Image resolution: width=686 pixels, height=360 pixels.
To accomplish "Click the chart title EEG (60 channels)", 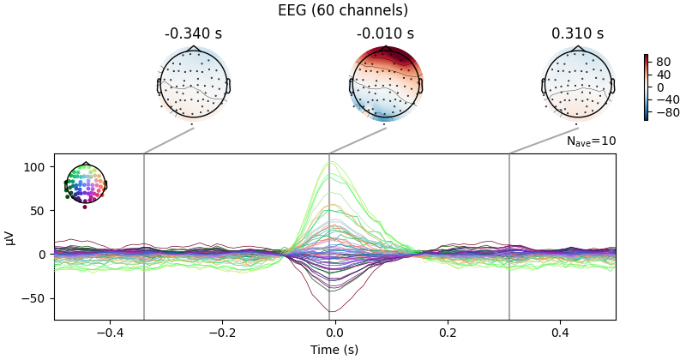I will coord(343,11).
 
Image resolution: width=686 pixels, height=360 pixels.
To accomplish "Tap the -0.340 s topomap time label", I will coord(193,34).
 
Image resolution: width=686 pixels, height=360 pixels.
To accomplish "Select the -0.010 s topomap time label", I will coord(385,34).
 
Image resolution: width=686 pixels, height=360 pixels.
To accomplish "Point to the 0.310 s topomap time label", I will coord(577,34).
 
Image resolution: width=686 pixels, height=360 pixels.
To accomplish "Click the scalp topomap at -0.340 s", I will coord(193,83).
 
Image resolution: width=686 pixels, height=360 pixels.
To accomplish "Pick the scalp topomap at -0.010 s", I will coord(386,83).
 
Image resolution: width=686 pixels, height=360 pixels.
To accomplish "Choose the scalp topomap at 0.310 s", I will coord(578,83).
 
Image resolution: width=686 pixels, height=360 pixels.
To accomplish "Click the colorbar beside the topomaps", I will coord(647,87).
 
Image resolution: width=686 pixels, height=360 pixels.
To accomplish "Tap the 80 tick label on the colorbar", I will coord(664,62).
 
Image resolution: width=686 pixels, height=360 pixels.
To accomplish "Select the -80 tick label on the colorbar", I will coord(665,111).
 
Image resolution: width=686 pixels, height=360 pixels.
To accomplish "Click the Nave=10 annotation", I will coord(591,141).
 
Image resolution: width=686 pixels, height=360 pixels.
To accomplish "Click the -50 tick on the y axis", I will coord(35,298).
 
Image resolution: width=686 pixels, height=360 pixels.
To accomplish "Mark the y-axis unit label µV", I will coord(10,237).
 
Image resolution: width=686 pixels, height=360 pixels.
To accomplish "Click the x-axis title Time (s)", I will coord(334,350).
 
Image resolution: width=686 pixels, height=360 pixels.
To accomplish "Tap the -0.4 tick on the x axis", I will coord(109,333).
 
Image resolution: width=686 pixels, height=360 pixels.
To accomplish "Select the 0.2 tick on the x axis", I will coord(448,333).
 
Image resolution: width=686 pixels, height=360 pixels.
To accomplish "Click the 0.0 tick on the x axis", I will coord(334,333).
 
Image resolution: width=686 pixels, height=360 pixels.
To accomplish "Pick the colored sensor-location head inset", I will coord(84,183).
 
